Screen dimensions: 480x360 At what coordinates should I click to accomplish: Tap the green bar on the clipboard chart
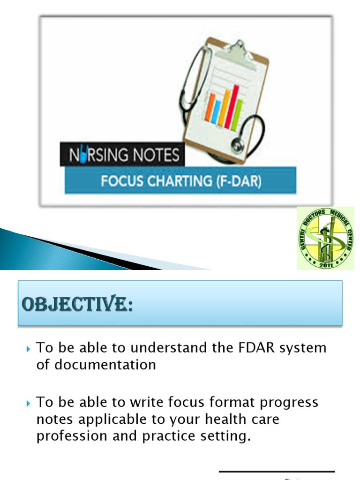tap(238, 115)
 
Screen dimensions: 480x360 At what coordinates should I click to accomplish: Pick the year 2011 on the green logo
tap(326, 265)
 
